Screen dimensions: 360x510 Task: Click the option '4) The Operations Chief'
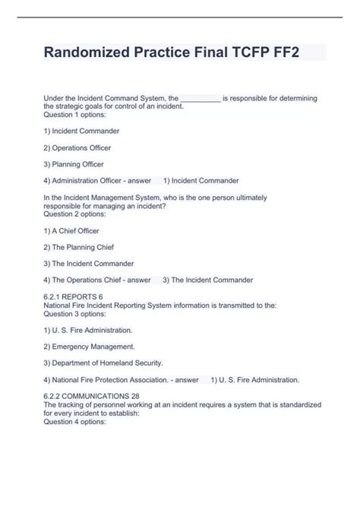83,280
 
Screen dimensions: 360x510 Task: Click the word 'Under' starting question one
55,99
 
